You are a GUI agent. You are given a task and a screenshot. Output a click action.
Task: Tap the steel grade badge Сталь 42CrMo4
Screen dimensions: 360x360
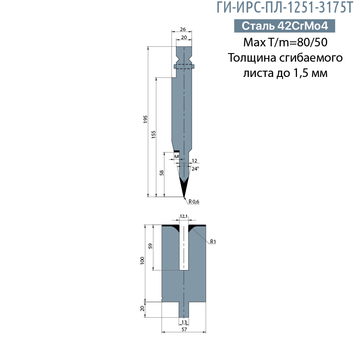click(284, 26)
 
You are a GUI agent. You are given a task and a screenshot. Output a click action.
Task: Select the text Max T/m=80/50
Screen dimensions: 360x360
click(284, 43)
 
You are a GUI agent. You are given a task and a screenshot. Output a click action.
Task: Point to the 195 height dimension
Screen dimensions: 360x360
click(145, 119)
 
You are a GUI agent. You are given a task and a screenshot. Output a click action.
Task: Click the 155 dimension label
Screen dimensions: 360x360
click(153, 134)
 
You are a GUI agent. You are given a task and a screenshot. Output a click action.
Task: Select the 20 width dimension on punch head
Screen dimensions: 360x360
click(184, 38)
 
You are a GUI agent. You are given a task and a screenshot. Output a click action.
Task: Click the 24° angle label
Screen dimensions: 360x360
click(195, 169)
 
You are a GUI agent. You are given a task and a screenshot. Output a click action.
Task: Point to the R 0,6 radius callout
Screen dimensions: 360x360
click(193, 202)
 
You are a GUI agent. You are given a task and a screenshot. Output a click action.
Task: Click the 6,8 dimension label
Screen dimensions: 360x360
click(176, 156)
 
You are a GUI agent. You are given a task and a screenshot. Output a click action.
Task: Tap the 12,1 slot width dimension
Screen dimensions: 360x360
click(184, 216)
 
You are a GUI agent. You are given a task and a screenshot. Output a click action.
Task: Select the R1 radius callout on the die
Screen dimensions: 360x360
click(213, 242)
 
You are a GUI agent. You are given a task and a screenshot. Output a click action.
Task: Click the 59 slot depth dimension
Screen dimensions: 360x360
click(151, 246)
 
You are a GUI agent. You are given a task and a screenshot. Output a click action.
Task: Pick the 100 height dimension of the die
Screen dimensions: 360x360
click(142, 260)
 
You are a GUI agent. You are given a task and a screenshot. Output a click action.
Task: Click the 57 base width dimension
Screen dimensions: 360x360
click(184, 329)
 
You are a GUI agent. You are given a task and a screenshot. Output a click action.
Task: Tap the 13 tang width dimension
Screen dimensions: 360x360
click(184, 322)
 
